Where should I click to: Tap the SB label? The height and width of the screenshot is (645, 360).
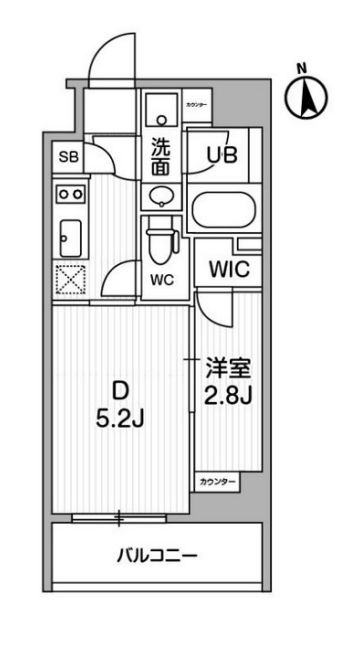68,157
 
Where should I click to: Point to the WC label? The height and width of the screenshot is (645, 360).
163,281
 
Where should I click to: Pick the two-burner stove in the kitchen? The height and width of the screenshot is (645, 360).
70,193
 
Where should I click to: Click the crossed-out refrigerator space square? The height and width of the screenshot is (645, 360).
71,280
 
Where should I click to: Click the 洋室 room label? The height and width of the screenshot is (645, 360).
226,365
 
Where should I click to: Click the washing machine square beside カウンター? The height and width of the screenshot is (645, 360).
160,108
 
